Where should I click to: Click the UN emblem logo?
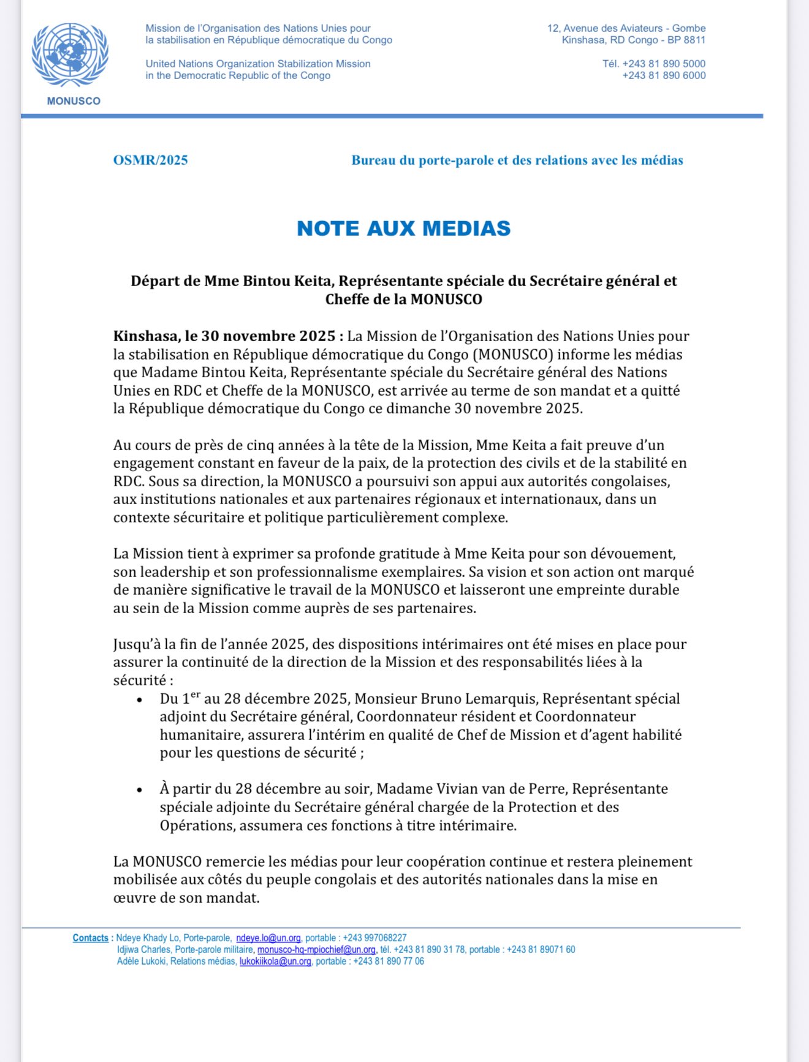point(70,56)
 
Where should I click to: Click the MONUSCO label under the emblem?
point(74,101)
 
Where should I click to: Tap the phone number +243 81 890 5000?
point(664,64)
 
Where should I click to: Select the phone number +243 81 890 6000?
point(664,75)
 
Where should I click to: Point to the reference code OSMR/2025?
point(150,160)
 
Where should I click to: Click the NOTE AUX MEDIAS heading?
point(403,228)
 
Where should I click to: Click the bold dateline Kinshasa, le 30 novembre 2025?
point(224,336)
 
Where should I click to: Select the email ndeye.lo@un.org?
point(268,938)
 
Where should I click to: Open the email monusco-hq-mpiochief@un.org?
point(316,950)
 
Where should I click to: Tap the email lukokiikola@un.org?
point(275,962)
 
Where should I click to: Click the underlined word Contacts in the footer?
point(90,938)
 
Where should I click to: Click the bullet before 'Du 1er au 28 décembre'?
point(140,700)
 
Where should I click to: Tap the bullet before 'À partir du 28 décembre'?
point(140,790)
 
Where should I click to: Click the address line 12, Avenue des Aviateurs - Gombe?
point(626,28)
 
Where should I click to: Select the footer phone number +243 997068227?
point(374,938)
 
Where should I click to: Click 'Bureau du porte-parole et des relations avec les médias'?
point(517,160)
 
